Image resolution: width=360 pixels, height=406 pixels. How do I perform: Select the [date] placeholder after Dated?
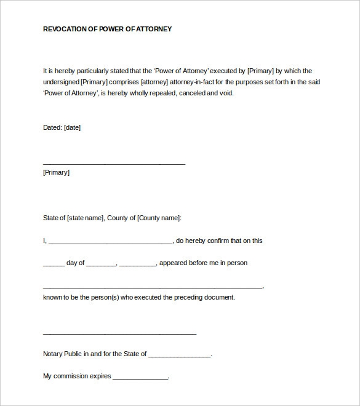72,128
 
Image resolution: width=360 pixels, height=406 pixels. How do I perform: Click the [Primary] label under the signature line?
56,173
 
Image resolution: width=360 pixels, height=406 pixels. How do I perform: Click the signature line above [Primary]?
114,164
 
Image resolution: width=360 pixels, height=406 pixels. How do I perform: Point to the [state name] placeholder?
86,218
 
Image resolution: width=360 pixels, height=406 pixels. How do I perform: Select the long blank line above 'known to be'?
153,288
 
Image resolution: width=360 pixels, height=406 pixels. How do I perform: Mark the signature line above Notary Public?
119,334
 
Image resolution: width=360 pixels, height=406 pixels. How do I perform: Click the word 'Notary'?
53,354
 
